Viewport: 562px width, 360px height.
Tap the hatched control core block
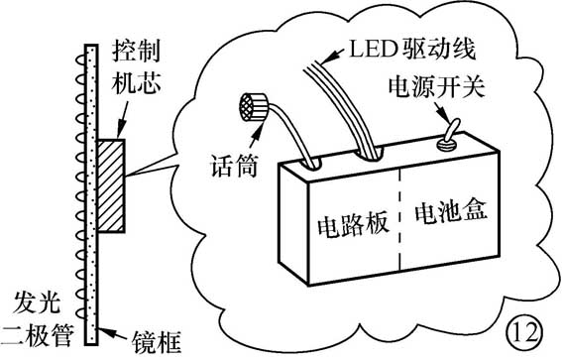click(110, 186)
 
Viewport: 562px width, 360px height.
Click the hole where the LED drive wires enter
click(372, 152)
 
